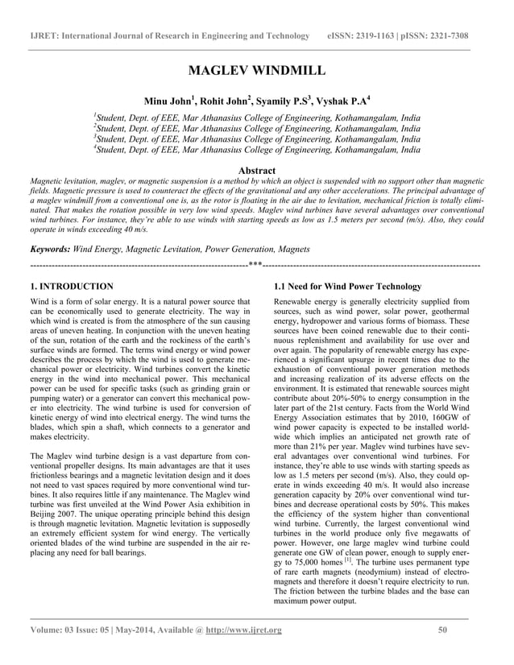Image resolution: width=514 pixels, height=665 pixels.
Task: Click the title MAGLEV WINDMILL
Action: (256, 72)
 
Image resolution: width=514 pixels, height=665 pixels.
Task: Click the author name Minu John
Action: (168, 101)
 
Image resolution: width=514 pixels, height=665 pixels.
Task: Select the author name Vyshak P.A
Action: (343, 101)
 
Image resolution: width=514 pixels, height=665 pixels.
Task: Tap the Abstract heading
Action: (256, 171)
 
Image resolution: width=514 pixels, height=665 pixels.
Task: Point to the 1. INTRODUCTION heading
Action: (71, 287)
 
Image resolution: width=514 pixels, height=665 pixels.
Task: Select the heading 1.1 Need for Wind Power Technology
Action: (347, 287)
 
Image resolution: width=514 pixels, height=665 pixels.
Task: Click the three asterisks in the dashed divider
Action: (255, 265)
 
